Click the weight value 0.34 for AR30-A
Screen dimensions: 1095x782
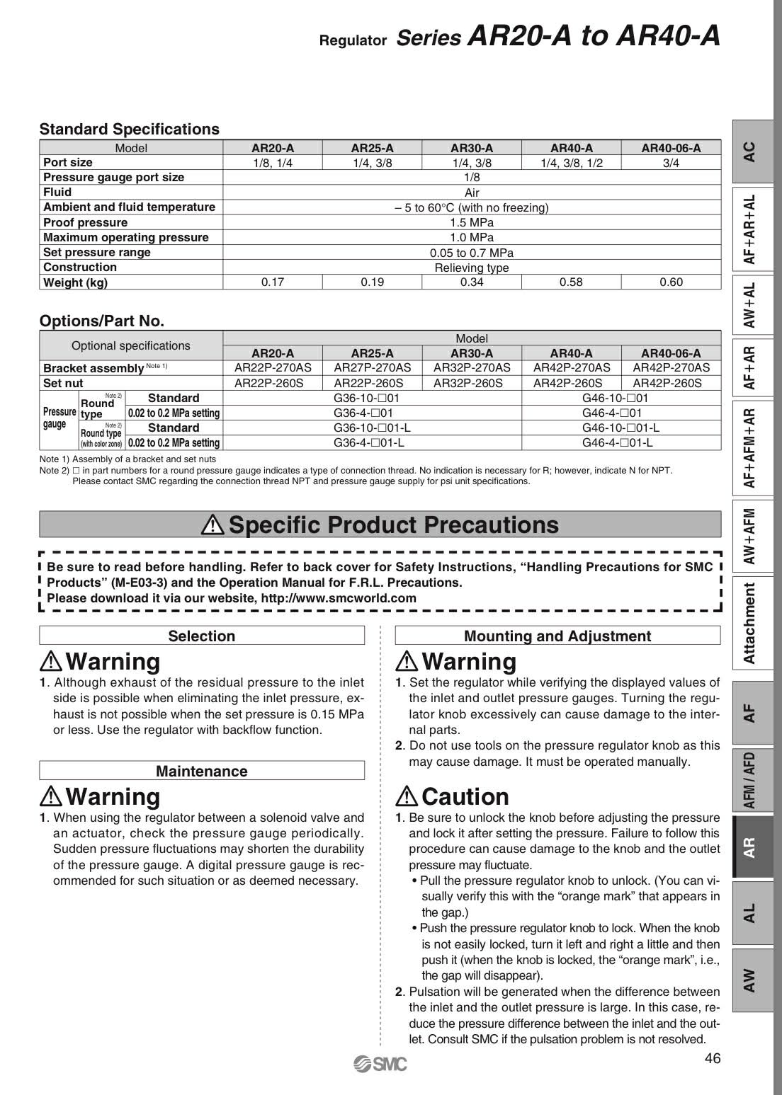pos(472,282)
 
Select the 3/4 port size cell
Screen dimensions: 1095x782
pos(671,163)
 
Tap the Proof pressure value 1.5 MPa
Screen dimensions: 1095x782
pos(472,222)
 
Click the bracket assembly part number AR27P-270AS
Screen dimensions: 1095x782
pos(372,367)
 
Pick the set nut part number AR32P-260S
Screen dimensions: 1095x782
pos(472,383)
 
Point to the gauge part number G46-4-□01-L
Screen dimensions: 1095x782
pos(617,443)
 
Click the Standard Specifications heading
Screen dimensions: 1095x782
pos(130,129)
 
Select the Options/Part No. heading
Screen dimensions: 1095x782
pos(102,321)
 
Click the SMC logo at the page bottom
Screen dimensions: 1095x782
pos(380,1064)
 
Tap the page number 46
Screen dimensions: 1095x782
pos(713,1059)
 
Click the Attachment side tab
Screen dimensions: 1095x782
pos(750,623)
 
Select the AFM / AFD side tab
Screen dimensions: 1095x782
pos(750,779)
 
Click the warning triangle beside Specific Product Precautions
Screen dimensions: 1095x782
pos(212,524)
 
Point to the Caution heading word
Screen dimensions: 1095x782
pos(465,797)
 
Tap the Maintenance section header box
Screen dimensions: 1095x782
pos(202,771)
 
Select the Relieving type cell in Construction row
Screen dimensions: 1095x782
pos(472,268)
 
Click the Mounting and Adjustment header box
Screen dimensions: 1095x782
pos(557,636)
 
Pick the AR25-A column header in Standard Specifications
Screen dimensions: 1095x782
pos(372,148)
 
